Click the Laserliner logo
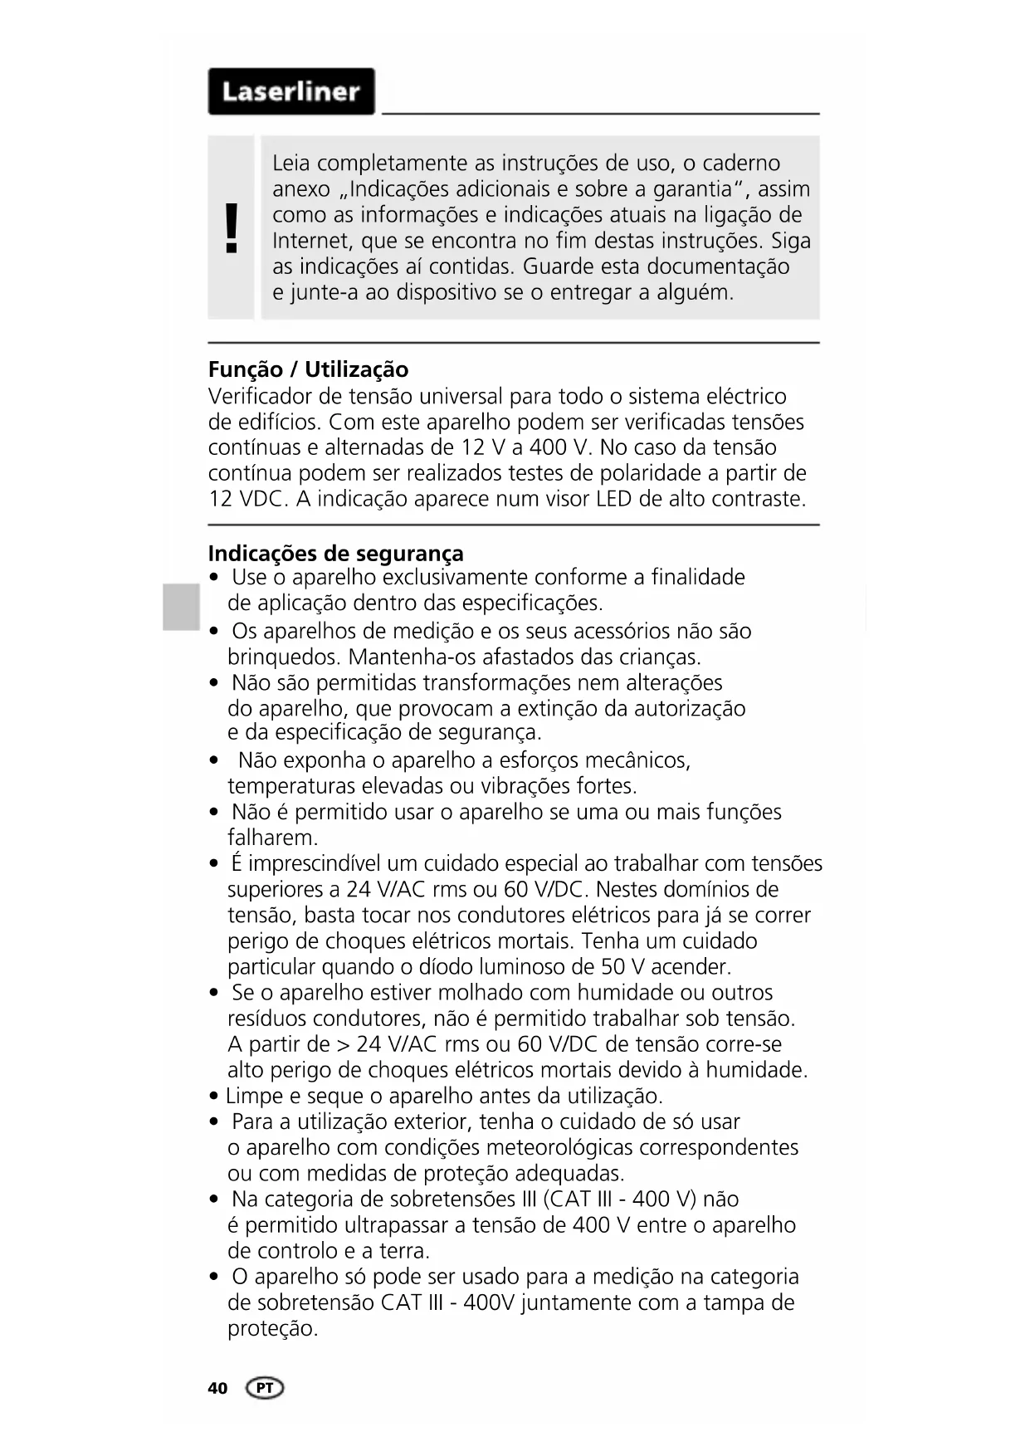pyautogui.click(x=290, y=91)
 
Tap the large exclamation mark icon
pyautogui.click(x=232, y=227)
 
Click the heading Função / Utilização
pyautogui.click(x=308, y=369)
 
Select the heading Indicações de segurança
pyautogui.click(x=335, y=553)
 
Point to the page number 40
pyautogui.click(x=217, y=1388)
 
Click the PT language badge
pyautogui.click(x=265, y=1388)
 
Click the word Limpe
pyautogui.click(x=254, y=1097)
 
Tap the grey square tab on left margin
pyautogui.click(x=181, y=607)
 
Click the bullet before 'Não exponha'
pyautogui.click(x=215, y=760)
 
